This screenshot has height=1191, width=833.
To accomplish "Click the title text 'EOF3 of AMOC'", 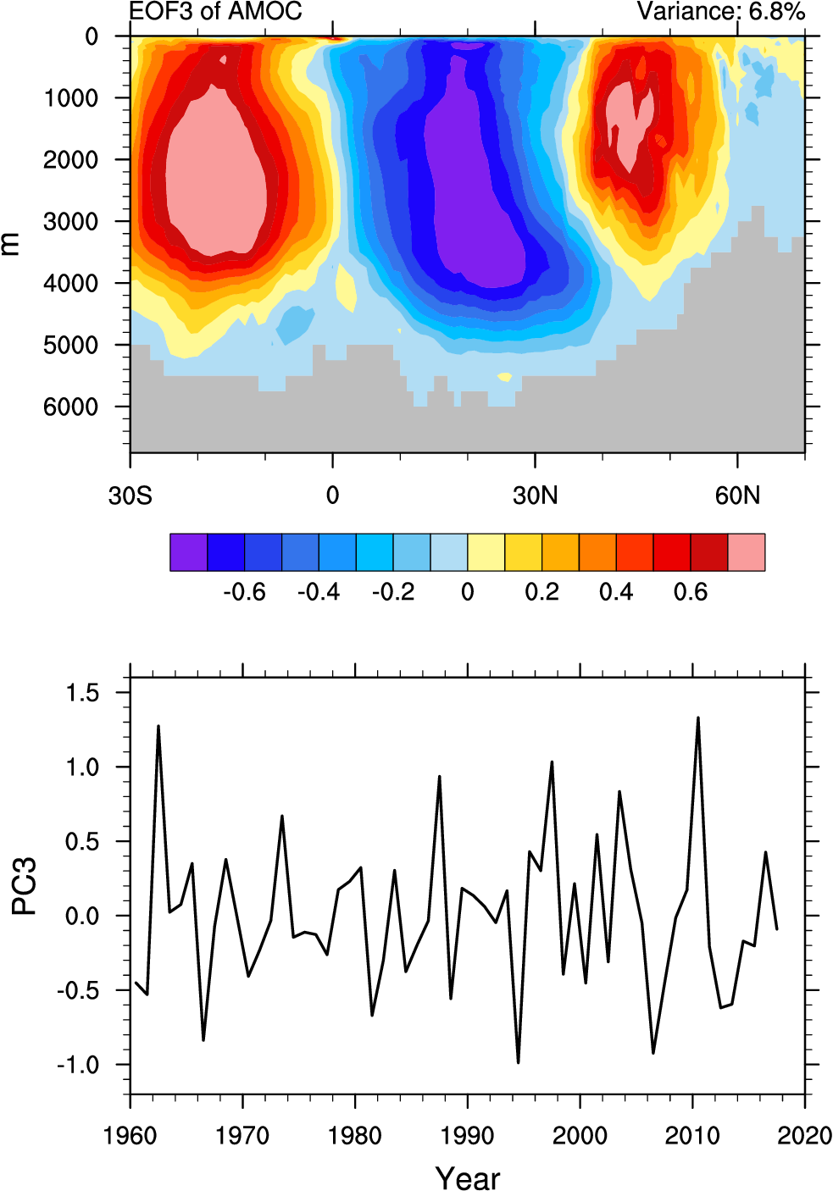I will pos(215,12).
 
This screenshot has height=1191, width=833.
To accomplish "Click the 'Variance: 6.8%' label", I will pos(720,12).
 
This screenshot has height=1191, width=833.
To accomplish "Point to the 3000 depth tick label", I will pos(71,222).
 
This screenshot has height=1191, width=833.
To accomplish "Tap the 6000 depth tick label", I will pos(71,407).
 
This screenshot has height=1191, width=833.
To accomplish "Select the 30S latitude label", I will pos(130,496).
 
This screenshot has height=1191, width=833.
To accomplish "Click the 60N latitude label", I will pos(737,496).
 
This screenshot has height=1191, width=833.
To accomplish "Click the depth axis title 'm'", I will pos(10,244).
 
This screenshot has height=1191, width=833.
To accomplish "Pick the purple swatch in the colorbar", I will pos(188,552).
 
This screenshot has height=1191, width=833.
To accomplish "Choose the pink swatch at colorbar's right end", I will pos(747,552).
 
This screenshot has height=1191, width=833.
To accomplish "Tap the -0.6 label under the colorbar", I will pos(244,592).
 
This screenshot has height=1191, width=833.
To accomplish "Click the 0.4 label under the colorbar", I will pos(616,592).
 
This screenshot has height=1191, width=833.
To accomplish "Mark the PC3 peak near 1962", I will pos(158,726).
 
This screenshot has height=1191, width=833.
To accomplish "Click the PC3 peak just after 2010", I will pos(697,718).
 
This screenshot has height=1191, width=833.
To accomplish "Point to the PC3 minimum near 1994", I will pos(518,1062).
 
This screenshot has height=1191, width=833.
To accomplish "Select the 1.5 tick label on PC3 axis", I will pos(82,694).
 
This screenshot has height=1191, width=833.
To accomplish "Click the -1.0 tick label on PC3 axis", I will pos(77,1066).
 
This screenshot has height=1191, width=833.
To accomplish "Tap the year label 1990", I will pos(467,1136).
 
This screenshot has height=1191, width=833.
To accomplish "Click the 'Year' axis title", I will pos(467,1177).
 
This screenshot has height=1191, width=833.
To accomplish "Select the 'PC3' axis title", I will pos(24,886).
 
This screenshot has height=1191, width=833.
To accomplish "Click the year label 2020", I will pos(804,1136).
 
